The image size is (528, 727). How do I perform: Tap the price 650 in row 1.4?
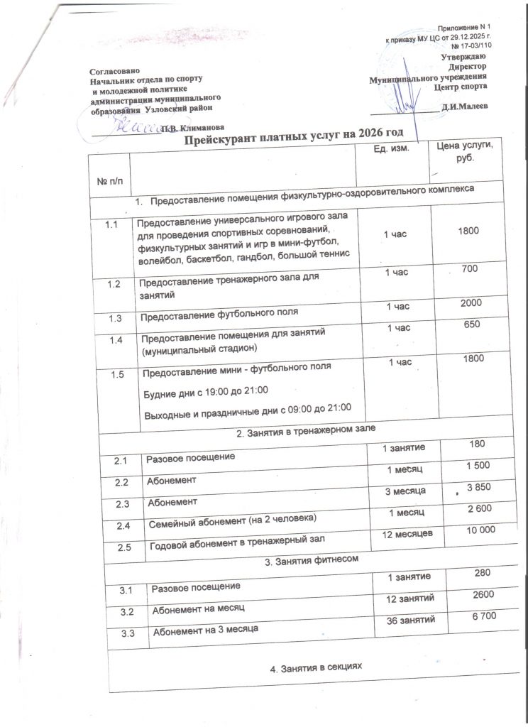(x=471, y=324)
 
